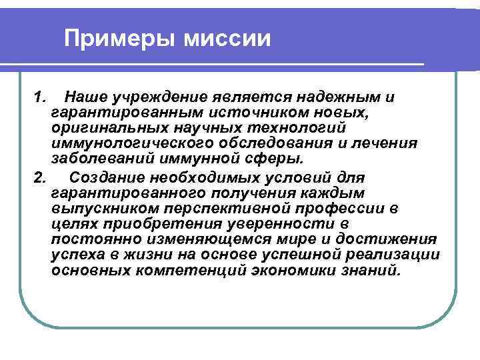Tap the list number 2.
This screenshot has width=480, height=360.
(39, 178)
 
